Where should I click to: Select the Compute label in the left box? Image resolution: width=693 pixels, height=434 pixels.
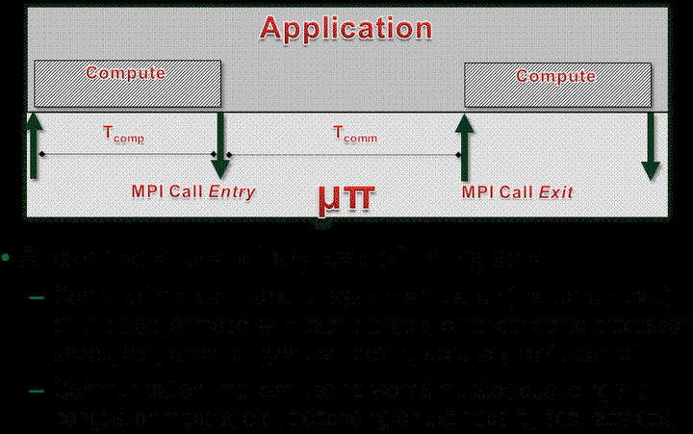(x=125, y=72)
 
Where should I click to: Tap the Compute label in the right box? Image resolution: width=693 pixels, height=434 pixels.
(x=555, y=75)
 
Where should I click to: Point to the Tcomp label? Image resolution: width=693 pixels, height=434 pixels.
(x=124, y=138)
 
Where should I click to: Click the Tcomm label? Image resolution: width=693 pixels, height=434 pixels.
(x=354, y=138)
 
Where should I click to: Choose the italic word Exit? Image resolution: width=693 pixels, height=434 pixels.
(x=556, y=192)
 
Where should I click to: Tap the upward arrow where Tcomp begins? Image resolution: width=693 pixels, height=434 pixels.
(x=35, y=144)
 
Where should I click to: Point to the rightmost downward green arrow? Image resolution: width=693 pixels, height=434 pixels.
(x=651, y=144)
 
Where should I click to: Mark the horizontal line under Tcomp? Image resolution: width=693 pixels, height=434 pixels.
(x=125, y=154)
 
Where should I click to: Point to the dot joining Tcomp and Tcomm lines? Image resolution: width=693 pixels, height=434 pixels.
(x=216, y=154)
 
